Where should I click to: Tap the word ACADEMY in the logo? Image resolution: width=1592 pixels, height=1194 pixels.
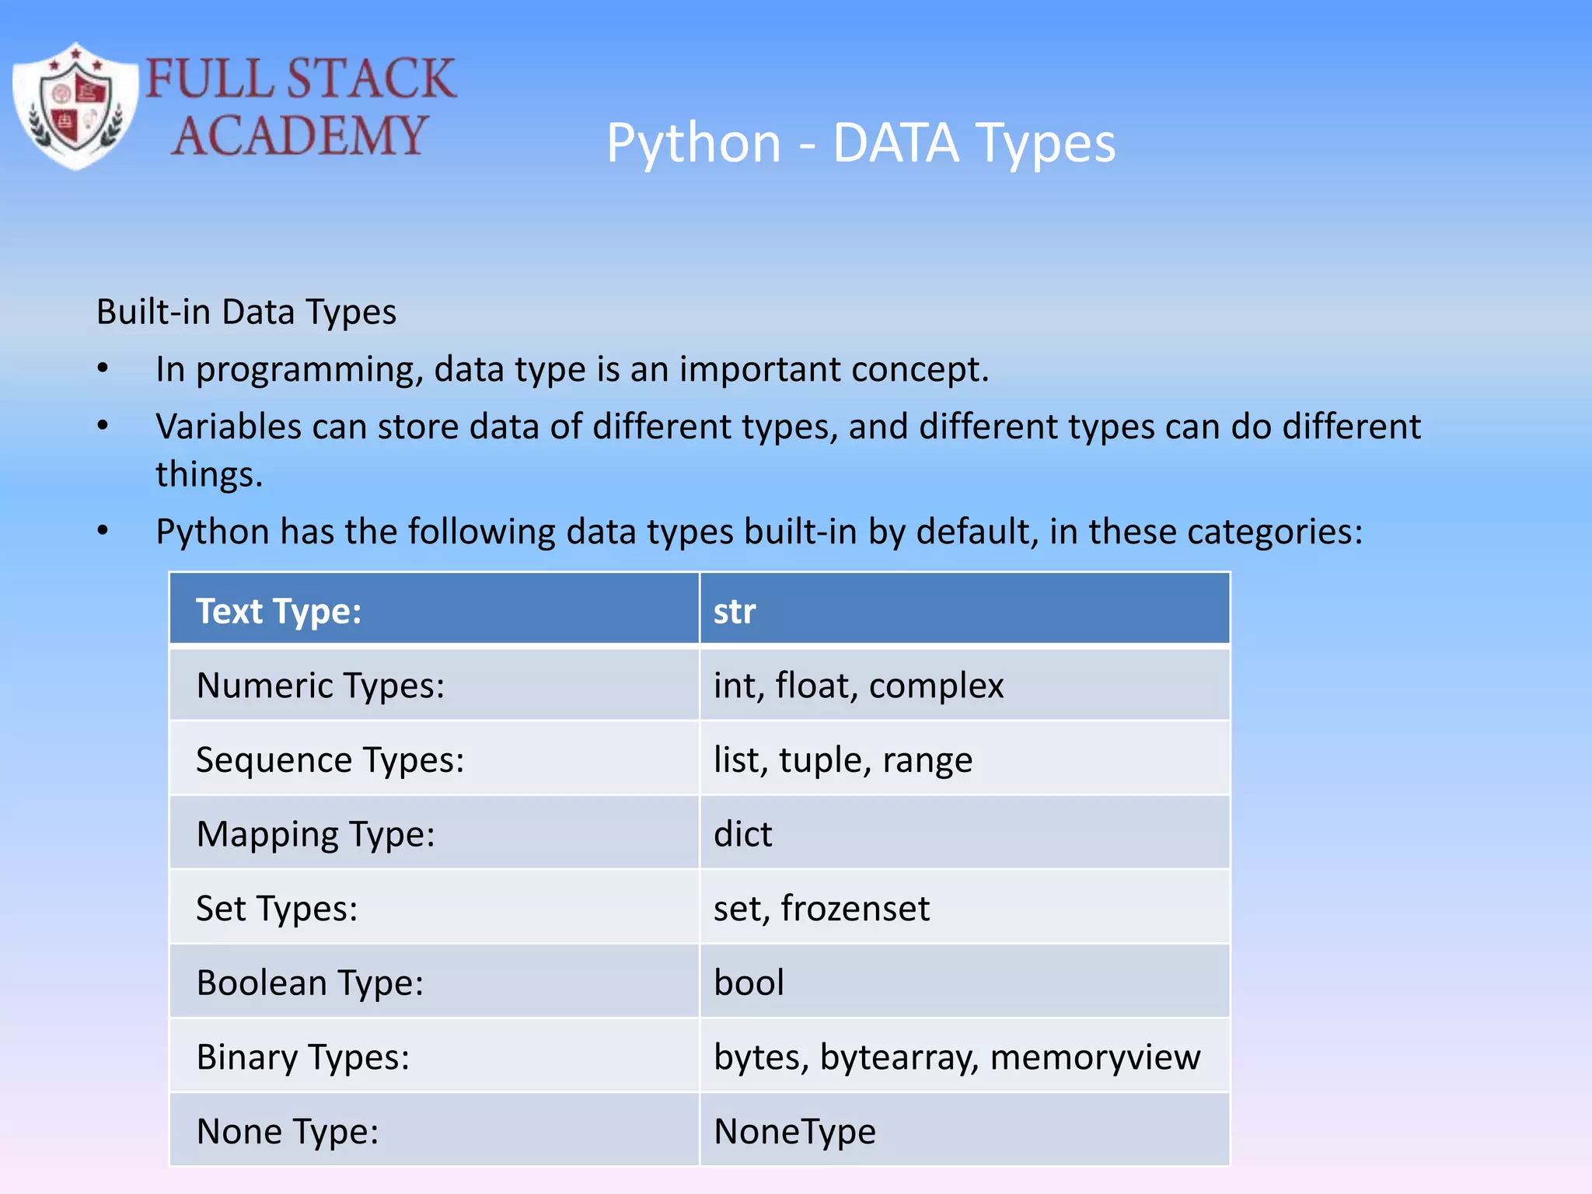click(x=299, y=136)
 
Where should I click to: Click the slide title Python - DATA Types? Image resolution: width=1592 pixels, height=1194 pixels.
click(x=861, y=143)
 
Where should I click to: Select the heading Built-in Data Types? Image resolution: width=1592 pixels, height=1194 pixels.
click(x=246, y=312)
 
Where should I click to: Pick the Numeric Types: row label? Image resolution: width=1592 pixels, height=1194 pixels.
click(x=320, y=686)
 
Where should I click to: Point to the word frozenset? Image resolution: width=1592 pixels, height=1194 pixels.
click(x=855, y=909)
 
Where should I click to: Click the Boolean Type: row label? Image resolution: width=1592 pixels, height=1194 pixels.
click(x=310, y=983)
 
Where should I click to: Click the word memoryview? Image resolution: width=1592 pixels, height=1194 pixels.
click(x=1095, y=1058)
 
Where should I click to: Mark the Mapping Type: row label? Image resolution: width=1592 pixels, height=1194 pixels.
click(x=316, y=834)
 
